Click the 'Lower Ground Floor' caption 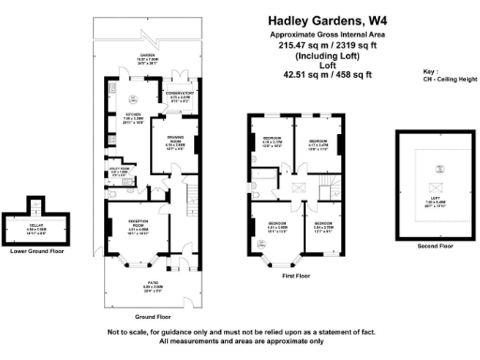pyautogui.click(x=37, y=251)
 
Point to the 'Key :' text pyautogui.click(x=431, y=71)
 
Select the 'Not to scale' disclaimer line pyautogui.click(x=241, y=333)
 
